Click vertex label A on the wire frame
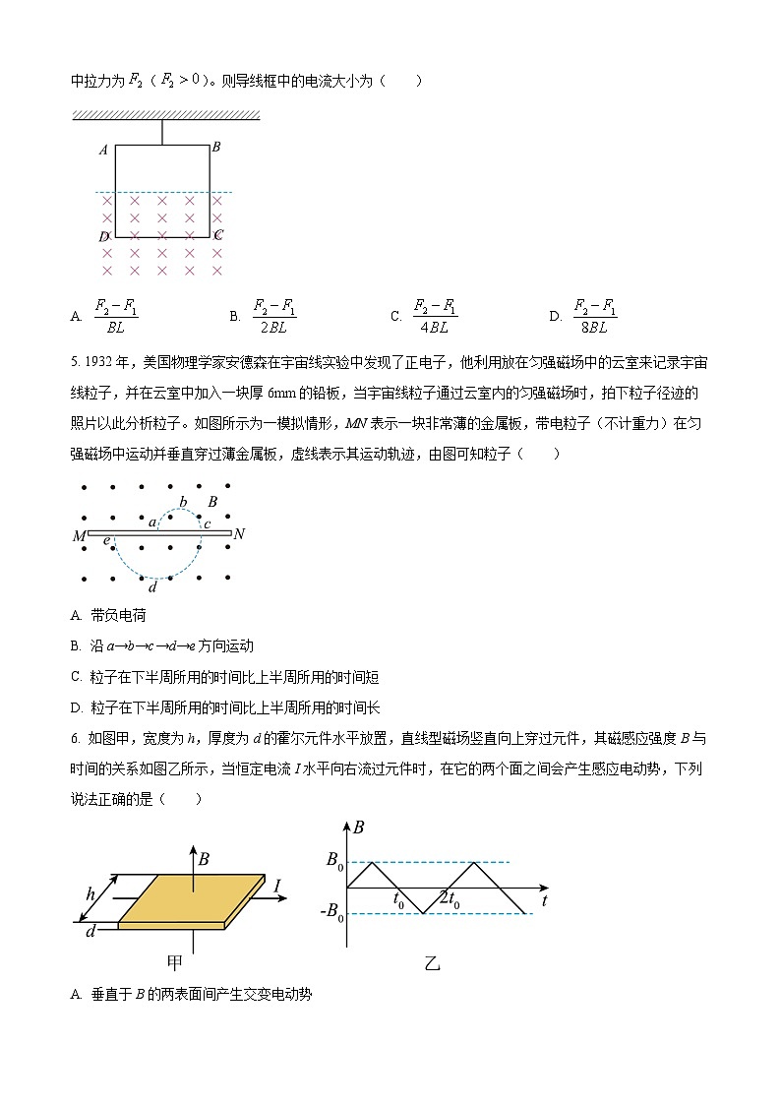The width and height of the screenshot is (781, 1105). click(103, 151)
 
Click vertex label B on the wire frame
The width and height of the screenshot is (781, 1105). click(215, 147)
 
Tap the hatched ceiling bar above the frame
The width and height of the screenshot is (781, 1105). click(165, 116)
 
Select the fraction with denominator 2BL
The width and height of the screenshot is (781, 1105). click(274, 316)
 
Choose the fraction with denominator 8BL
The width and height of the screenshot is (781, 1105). click(595, 316)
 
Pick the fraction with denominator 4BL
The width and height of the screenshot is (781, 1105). click(436, 316)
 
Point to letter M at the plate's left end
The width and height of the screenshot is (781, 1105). click(79, 536)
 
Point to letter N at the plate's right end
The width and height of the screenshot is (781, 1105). click(239, 534)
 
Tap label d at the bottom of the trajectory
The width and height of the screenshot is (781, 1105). click(151, 587)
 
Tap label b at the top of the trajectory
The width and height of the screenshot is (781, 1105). click(183, 503)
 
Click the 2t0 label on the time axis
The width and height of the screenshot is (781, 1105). click(449, 898)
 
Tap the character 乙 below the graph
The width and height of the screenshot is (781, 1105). click(432, 963)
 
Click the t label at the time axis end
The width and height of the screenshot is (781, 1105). click(544, 899)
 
